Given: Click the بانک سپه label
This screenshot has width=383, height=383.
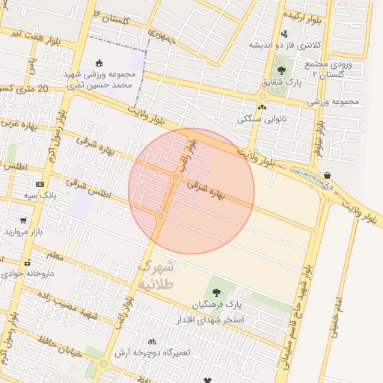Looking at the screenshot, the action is coord(40,195).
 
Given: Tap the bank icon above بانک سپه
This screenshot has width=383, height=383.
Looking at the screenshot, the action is coord(40,184).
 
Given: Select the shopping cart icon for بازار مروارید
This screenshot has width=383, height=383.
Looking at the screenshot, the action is coord(24,221).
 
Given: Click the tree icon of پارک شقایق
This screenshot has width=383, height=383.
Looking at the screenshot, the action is coord(281,71).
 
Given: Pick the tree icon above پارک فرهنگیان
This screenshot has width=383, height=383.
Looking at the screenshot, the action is coord(216,293).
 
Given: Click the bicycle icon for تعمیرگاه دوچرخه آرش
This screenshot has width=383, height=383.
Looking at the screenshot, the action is coord(152,340).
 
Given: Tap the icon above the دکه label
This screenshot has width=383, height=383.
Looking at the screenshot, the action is coord(327,177).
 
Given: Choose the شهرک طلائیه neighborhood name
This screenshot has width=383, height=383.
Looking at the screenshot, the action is coord(156,275).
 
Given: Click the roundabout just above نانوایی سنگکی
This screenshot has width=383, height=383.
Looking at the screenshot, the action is coord(262,96).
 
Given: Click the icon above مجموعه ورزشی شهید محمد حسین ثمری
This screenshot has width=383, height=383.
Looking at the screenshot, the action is coord(101,63).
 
